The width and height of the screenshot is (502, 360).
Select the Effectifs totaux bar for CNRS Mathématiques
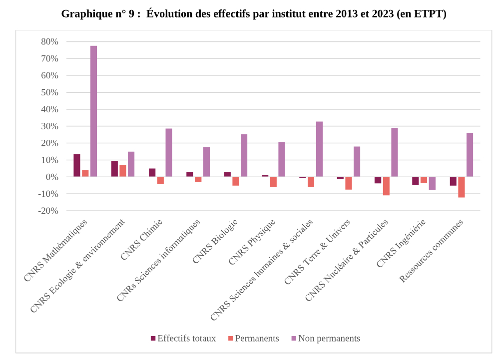(x=77, y=166)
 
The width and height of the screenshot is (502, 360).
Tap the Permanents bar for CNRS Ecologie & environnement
(x=123, y=171)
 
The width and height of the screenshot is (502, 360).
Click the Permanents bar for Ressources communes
(x=462, y=187)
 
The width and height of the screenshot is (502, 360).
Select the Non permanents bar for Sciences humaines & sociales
(x=319, y=149)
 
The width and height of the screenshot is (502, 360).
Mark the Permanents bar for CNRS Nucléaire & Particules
(x=386, y=186)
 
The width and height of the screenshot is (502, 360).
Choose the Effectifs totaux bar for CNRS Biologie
(x=227, y=174)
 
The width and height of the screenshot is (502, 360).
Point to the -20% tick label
(x=48, y=211)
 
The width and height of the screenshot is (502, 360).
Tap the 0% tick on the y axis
(x=52, y=177)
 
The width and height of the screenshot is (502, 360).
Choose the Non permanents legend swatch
(x=294, y=339)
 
